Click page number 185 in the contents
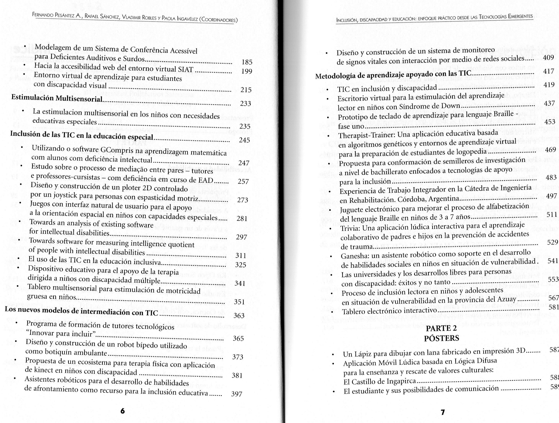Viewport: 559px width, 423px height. click(247, 62)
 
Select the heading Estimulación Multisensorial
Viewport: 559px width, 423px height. click(57, 98)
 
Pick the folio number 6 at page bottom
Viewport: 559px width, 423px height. click(122, 411)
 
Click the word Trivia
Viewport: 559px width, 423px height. click(350, 228)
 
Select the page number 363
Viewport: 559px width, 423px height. click(239, 315)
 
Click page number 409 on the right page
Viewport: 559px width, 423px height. click(548, 57)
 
